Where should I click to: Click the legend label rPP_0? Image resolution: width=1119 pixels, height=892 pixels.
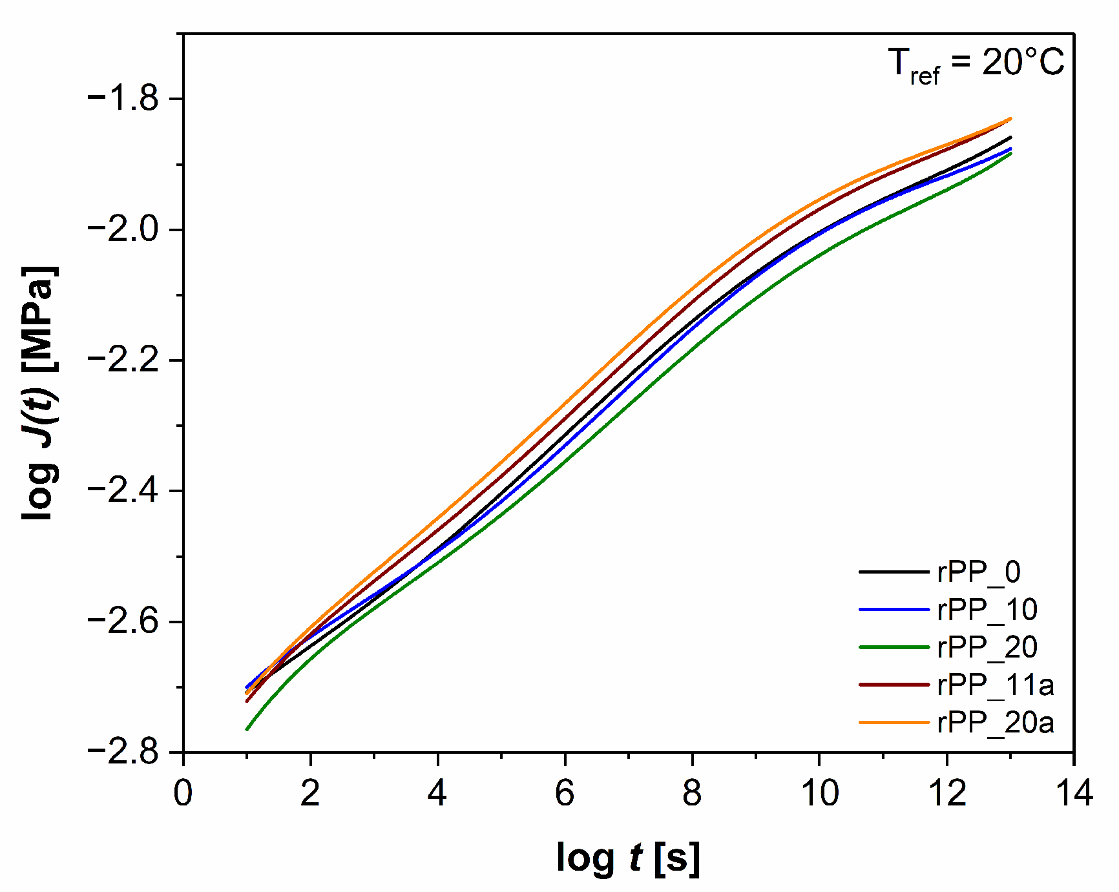(979, 572)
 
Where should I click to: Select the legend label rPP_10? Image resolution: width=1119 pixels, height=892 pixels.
(987, 610)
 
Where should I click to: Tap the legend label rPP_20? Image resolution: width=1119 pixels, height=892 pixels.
(987, 647)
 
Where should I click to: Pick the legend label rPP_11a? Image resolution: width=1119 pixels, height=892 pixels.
(996, 685)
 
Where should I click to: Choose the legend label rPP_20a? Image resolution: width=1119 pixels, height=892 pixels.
(996, 722)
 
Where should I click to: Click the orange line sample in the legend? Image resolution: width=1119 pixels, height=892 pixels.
(894, 722)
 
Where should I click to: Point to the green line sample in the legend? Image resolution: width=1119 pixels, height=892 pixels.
(894, 647)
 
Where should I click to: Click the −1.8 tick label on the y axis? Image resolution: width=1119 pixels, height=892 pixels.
(123, 98)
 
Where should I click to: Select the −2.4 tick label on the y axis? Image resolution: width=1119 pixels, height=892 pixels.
(123, 491)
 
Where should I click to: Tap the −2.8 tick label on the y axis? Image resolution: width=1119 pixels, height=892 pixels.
(123, 752)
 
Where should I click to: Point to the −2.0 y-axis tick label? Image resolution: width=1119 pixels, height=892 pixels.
(123, 229)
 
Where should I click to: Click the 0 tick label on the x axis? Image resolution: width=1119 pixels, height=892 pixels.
(183, 793)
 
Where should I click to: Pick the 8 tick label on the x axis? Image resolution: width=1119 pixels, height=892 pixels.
(692, 793)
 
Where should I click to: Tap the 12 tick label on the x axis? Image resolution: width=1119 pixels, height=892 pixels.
(946, 793)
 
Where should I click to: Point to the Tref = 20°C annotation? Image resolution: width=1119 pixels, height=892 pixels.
(976, 65)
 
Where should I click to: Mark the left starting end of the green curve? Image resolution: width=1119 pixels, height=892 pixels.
(247, 729)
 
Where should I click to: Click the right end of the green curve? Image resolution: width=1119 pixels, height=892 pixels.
(1010, 154)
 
